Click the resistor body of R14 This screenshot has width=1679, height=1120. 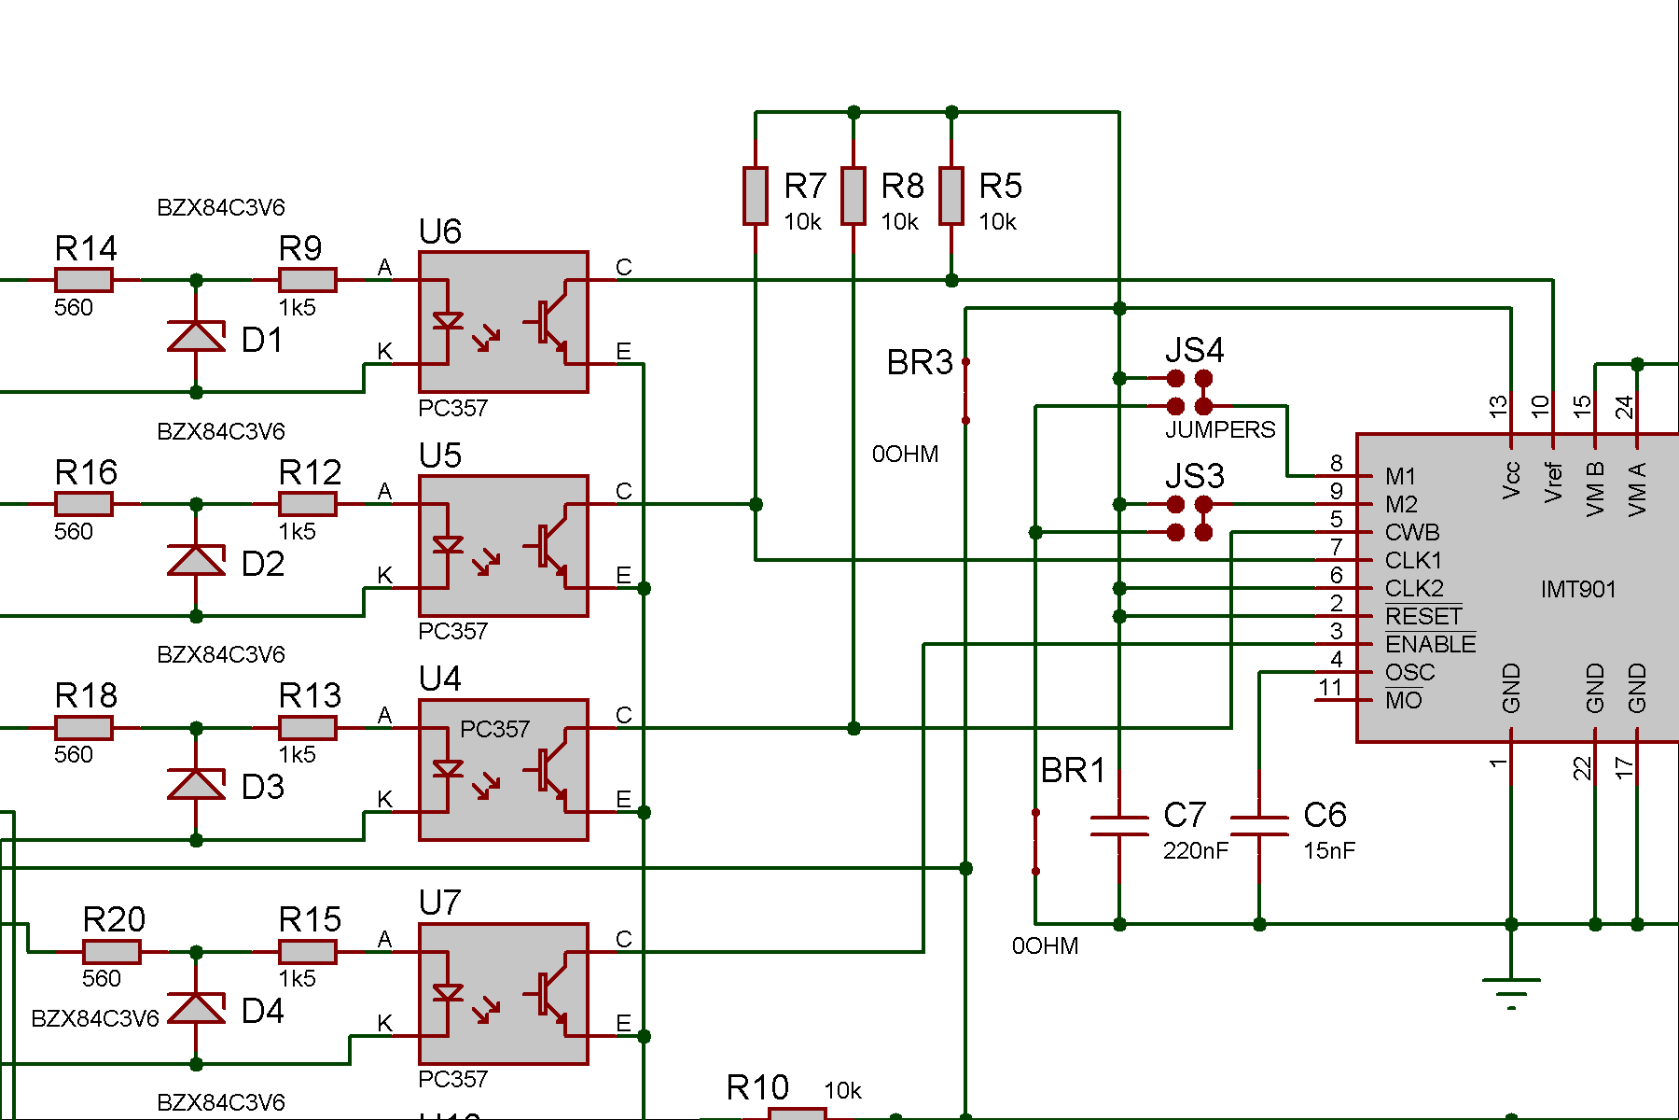tap(84, 279)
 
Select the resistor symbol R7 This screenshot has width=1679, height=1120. tap(756, 196)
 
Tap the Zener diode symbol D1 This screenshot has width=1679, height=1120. tap(196, 336)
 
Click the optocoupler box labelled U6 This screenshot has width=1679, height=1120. tap(504, 322)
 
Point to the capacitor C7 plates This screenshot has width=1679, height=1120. tap(1119, 825)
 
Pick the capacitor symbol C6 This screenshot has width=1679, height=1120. tap(1259, 825)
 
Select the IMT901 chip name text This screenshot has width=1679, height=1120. tap(1578, 589)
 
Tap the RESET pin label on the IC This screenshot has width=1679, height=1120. tap(1423, 616)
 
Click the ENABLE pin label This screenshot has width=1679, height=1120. tap(1431, 644)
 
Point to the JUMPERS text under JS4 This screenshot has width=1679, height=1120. tap(1220, 429)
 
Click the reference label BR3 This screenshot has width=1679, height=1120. tap(920, 362)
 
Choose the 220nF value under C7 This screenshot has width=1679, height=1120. tap(1196, 850)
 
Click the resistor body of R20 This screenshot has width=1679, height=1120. tap(112, 951)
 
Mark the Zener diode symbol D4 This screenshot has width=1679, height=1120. tap(196, 1008)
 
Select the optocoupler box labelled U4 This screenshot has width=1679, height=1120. tap(504, 770)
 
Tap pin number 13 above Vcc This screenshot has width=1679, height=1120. tap(1498, 406)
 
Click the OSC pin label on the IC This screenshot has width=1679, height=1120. tap(1409, 672)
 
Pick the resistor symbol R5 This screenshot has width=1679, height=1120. tap(951, 196)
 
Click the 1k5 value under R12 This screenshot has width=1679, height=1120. tap(297, 531)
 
